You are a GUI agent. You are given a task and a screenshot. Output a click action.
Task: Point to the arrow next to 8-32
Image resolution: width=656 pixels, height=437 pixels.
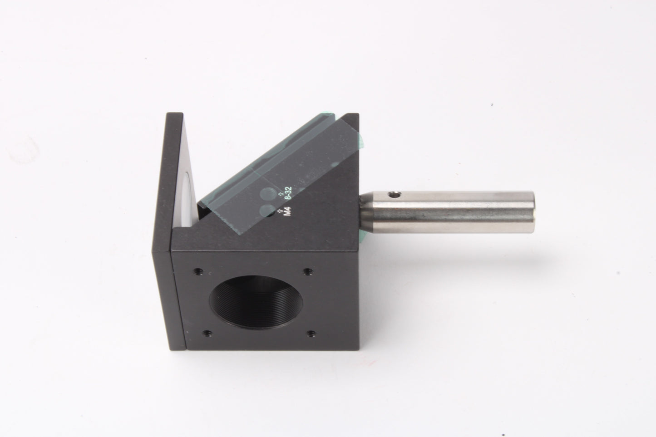click(x=281, y=194)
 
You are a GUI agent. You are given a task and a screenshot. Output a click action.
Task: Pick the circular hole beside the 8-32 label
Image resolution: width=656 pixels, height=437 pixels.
click(x=269, y=194)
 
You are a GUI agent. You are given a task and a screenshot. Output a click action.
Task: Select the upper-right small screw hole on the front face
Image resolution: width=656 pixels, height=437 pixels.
click(x=307, y=272)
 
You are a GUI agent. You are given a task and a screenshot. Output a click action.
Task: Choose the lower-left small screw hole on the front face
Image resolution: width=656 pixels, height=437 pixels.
click(x=207, y=333)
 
